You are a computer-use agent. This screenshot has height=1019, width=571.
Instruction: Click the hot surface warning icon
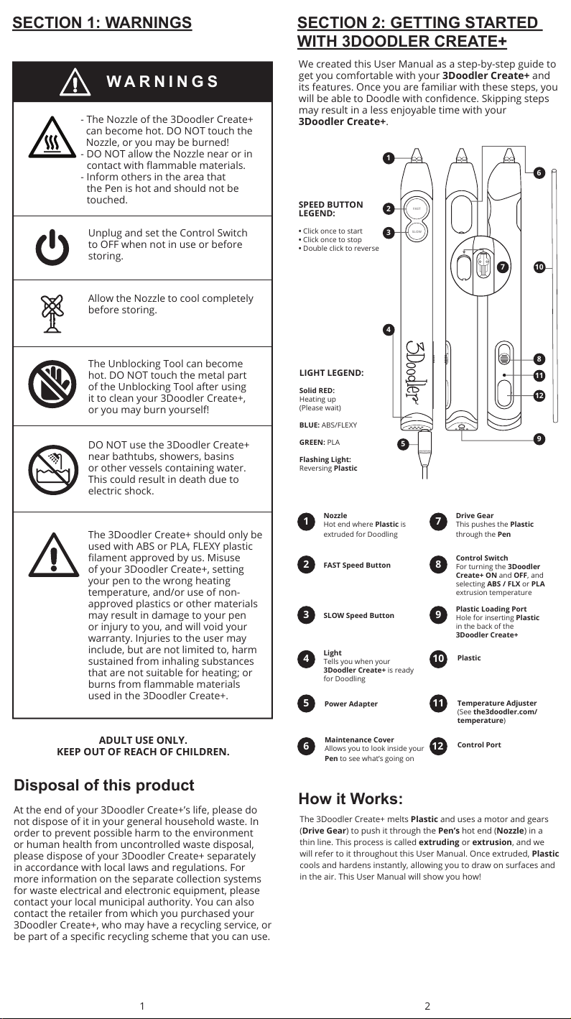52,139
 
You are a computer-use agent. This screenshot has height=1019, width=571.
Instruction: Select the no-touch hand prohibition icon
52,386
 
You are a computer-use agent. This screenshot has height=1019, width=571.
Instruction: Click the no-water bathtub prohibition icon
52,469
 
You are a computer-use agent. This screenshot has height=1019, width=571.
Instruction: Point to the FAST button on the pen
416,208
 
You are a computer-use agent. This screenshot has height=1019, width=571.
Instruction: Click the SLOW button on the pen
416,231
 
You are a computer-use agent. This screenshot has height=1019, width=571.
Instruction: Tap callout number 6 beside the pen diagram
539,172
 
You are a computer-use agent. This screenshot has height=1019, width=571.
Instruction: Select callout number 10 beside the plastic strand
539,267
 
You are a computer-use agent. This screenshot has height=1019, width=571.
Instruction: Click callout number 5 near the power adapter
403,443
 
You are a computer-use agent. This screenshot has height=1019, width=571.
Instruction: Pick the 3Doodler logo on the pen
418,375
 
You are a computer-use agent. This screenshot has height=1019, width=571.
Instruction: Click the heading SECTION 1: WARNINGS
102,23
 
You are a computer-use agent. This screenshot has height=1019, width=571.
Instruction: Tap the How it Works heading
351,799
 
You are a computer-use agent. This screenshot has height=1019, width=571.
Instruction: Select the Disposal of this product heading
104,785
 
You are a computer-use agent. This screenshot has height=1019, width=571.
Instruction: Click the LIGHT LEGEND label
331,373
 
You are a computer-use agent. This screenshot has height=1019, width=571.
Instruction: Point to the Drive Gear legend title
475,515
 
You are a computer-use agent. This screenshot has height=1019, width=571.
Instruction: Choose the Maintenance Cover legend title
359,739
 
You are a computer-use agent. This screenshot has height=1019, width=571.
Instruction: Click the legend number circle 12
438,747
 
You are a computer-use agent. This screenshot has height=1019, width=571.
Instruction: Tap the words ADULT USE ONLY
143,740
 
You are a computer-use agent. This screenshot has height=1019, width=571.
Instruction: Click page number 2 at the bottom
427,1006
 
